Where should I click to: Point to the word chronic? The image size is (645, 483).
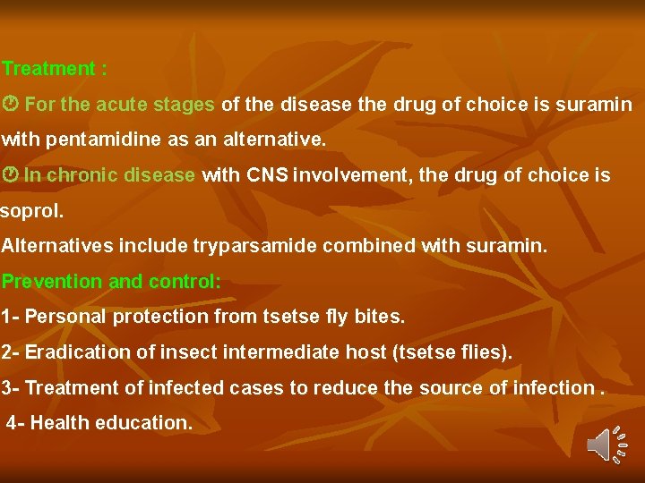point(83,175)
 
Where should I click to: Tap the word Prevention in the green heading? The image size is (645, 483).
point(52,282)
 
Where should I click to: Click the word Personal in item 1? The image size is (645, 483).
point(61,317)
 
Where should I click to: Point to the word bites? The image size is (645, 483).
point(379,317)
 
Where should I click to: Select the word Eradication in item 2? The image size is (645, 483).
point(78,352)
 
